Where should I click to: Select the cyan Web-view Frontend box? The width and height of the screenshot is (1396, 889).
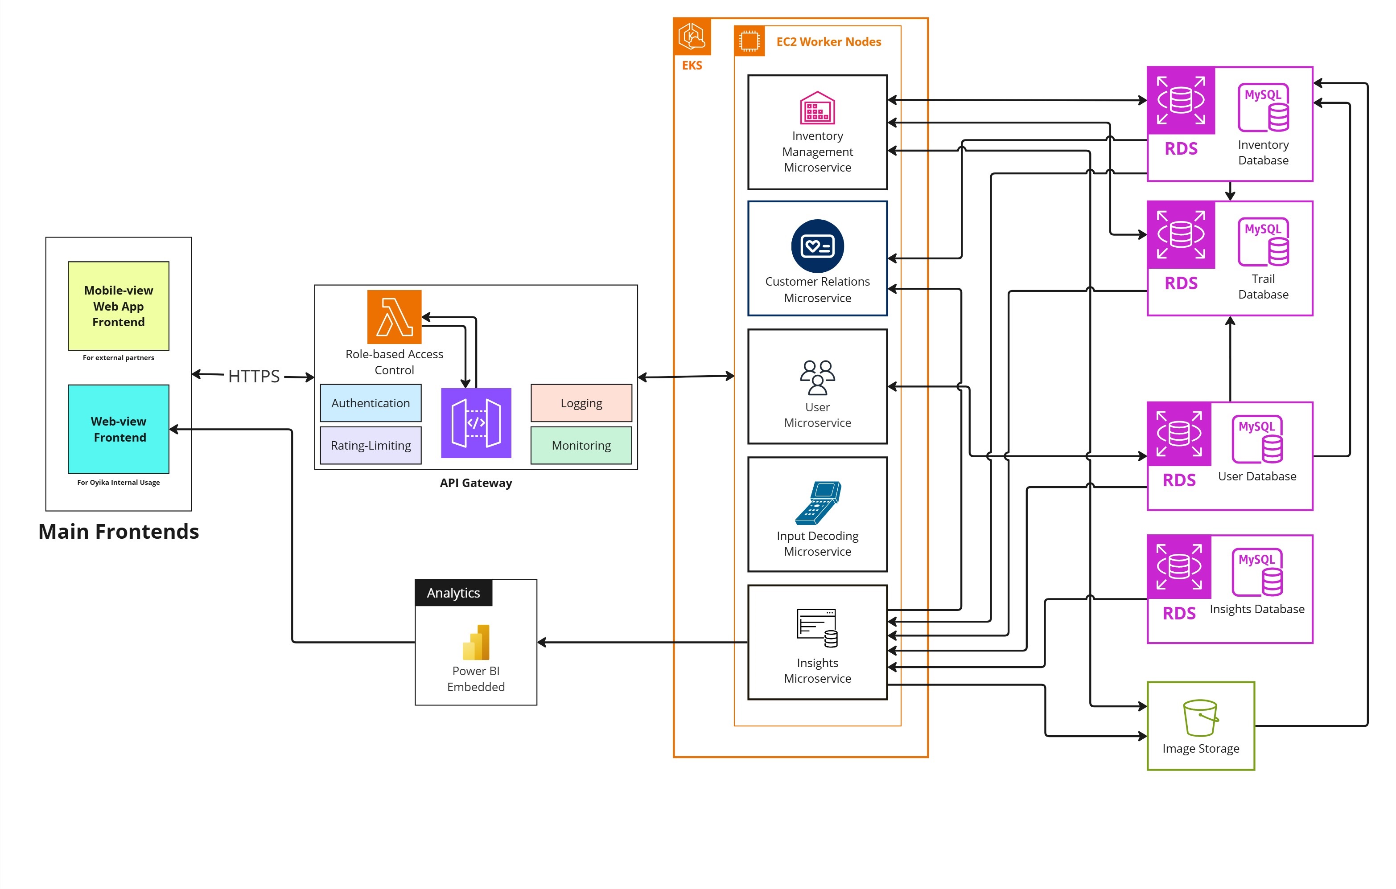click(118, 429)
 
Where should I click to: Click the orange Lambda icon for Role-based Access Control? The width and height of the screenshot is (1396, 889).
click(394, 317)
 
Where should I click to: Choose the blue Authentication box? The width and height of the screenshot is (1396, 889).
click(371, 403)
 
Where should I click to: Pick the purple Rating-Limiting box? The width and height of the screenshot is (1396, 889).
click(371, 445)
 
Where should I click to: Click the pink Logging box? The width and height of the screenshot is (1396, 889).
click(581, 403)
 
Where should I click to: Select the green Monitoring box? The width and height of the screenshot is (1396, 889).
click(581, 445)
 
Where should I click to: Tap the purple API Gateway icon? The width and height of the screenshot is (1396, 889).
click(476, 423)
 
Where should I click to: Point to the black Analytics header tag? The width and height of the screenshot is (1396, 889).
click(453, 593)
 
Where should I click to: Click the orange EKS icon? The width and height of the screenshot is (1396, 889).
click(692, 37)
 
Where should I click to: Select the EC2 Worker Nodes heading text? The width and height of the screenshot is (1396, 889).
click(828, 42)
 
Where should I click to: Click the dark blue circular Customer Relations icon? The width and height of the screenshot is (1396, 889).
click(817, 246)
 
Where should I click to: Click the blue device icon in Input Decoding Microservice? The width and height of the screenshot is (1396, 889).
click(817, 503)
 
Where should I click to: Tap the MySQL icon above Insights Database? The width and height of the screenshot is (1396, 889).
click(1257, 572)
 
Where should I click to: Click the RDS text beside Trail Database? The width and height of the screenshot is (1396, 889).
click(1181, 283)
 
